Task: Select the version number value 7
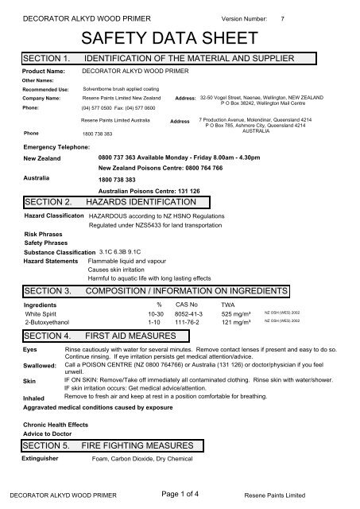click(x=293, y=17)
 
